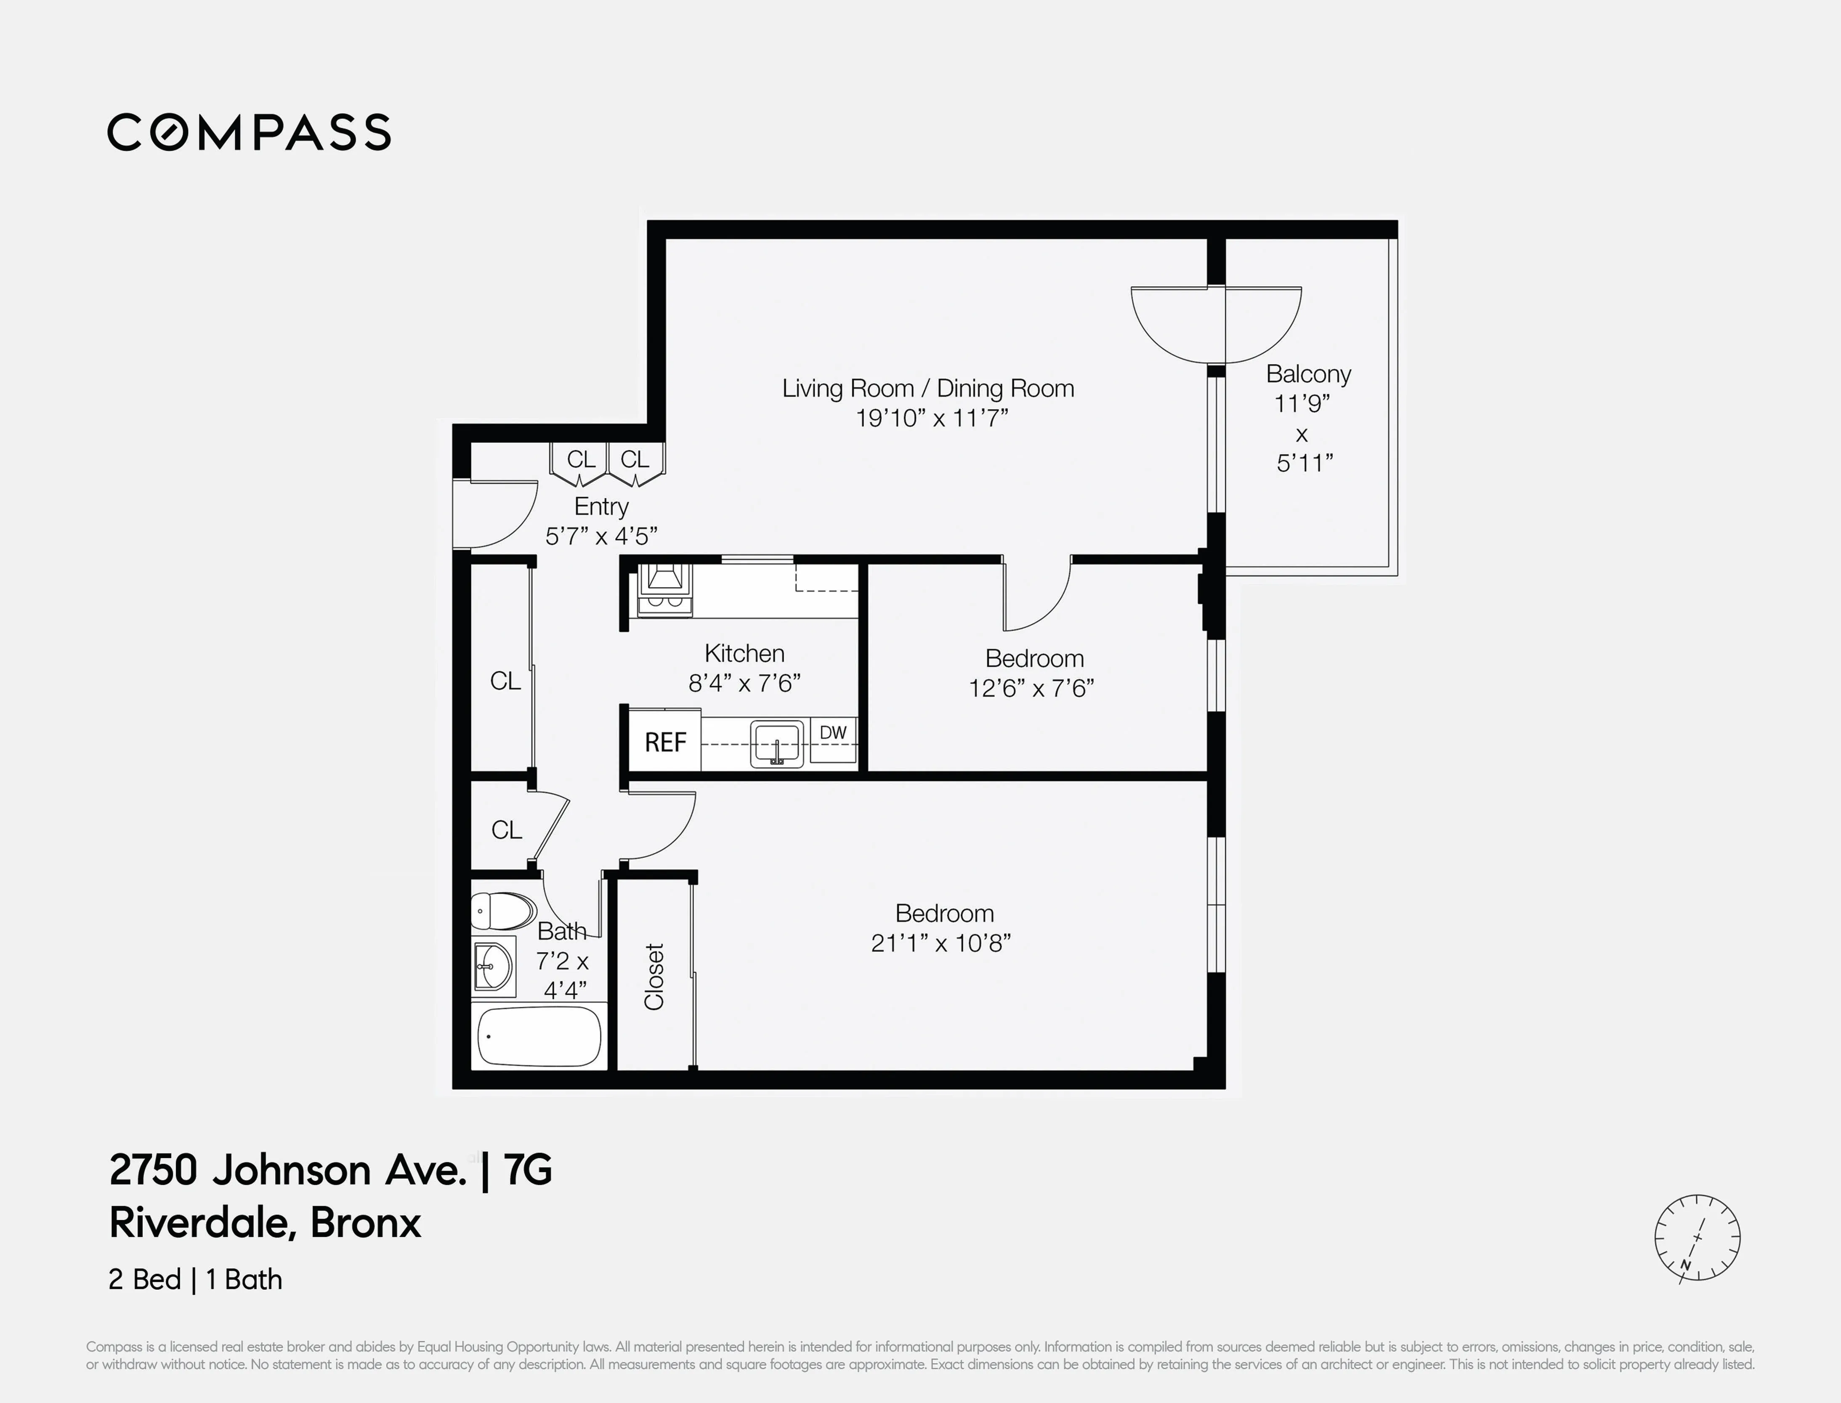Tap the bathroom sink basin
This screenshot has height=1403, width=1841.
click(x=493, y=969)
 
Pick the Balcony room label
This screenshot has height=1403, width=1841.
click(x=1307, y=374)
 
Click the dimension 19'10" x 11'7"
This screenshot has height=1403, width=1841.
click(x=932, y=418)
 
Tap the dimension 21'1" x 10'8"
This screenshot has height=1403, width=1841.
click(x=941, y=943)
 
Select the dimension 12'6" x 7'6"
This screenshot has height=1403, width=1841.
click(x=1031, y=688)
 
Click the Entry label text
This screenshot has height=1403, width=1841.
click(x=601, y=506)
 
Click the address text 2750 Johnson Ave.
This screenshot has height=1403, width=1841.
click(x=287, y=1170)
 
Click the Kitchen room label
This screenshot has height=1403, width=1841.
click(x=744, y=653)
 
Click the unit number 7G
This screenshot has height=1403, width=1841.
click(x=528, y=1170)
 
